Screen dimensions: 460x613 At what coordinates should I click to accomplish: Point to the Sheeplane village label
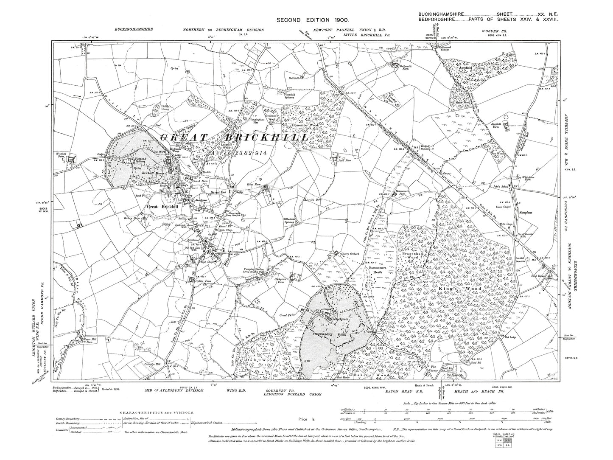528,211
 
